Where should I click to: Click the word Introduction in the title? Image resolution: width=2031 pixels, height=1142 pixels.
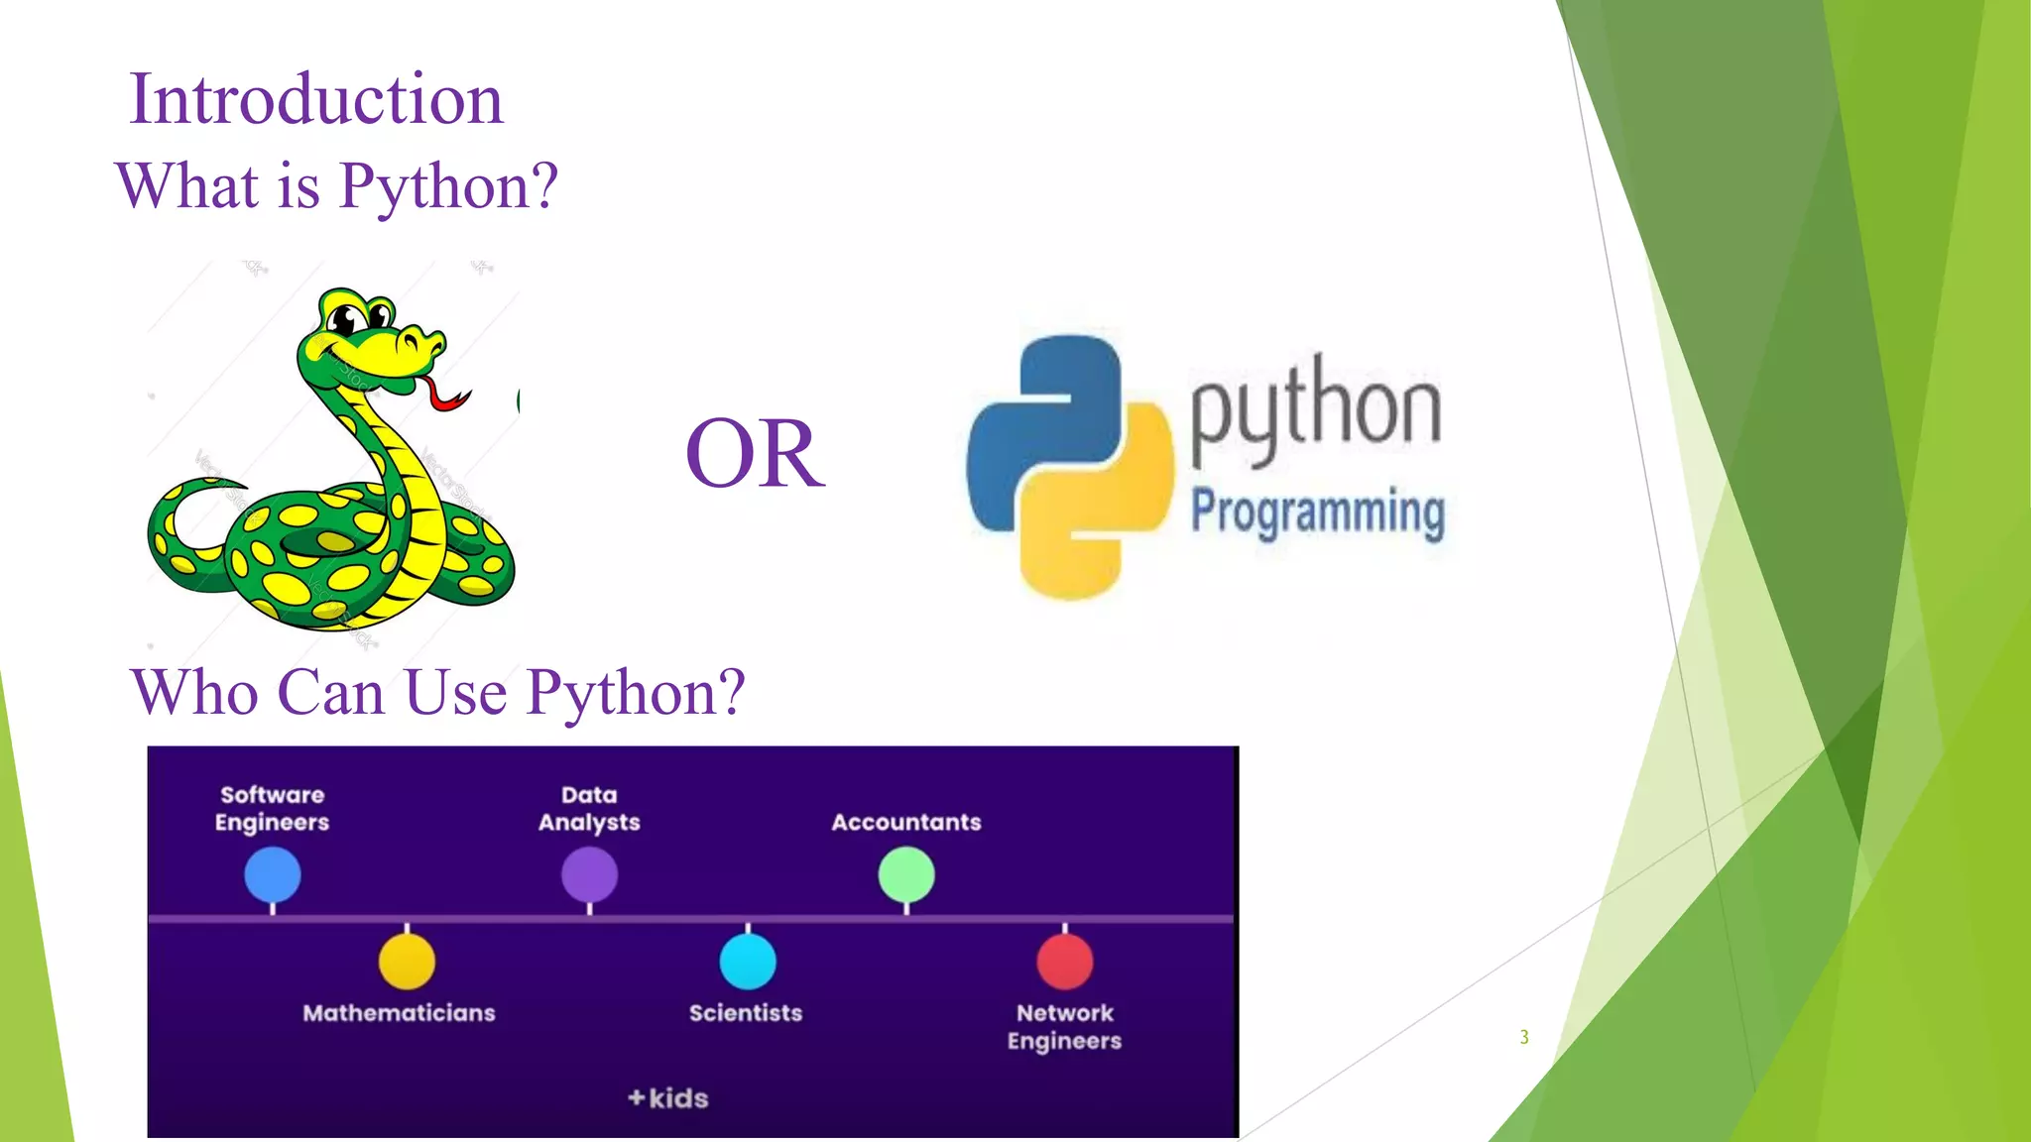coord(316,99)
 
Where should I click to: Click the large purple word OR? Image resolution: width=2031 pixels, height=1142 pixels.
coord(755,454)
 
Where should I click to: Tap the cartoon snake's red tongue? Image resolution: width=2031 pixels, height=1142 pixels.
coord(444,394)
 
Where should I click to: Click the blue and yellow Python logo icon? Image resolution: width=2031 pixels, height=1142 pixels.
coord(1069,466)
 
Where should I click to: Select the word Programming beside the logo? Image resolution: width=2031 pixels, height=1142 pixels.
coord(1317,512)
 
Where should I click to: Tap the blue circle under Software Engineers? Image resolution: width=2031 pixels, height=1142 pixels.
coord(273,874)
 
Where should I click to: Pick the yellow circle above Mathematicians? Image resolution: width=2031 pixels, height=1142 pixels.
coord(407,961)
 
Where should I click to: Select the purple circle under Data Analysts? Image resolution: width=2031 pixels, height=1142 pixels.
coord(589,874)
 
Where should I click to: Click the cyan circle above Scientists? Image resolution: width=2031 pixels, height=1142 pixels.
coord(748,961)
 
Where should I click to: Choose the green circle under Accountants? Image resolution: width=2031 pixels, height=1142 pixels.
coord(906,874)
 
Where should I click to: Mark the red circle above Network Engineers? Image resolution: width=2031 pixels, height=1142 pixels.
coord(1065,961)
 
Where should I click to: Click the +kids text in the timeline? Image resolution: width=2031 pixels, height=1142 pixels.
coord(668,1098)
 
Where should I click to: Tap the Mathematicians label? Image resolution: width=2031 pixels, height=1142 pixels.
coord(399,1013)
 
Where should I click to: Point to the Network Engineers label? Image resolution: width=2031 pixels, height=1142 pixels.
coord(1064,1027)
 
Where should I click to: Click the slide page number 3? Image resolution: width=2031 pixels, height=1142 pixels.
coord(1524,1037)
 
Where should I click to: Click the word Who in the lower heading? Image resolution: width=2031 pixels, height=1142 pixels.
coord(194,692)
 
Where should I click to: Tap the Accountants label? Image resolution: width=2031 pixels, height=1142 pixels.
coord(906,822)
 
